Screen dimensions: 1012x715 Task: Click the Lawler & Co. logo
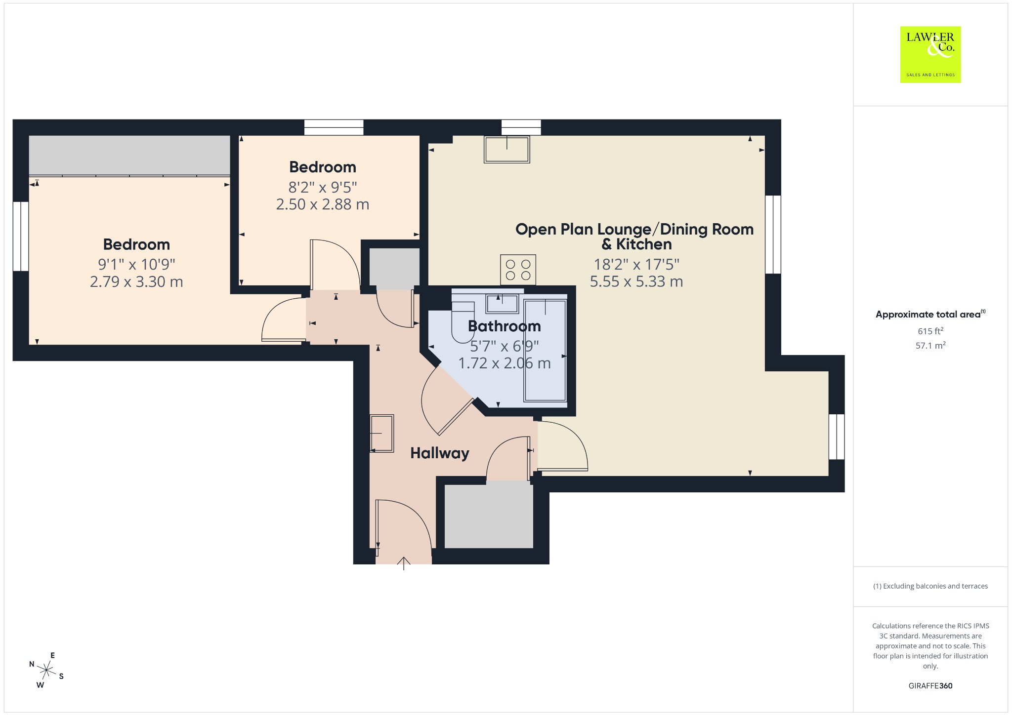click(930, 54)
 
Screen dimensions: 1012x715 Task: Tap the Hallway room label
click(440, 453)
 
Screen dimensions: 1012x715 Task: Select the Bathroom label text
click(504, 326)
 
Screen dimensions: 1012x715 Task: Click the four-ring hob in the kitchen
click(518, 270)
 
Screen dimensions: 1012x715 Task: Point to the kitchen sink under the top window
click(507, 149)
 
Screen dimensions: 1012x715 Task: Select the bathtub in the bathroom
click(546, 350)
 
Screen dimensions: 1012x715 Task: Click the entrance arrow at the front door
click(404, 563)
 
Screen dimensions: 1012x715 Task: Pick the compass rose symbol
click(46, 670)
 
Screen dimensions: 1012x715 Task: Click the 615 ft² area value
click(930, 331)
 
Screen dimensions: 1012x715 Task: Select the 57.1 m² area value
click(930, 345)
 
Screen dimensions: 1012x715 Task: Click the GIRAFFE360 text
click(930, 685)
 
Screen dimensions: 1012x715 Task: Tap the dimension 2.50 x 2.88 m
click(323, 204)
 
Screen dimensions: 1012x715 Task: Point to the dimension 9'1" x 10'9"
click(136, 265)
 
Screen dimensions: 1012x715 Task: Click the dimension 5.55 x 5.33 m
click(636, 281)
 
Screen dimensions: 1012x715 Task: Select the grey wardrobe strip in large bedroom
click(129, 155)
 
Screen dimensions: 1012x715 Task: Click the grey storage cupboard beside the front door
click(489, 515)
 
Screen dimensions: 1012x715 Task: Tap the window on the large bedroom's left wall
click(21, 236)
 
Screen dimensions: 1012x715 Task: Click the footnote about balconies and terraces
click(930, 586)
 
